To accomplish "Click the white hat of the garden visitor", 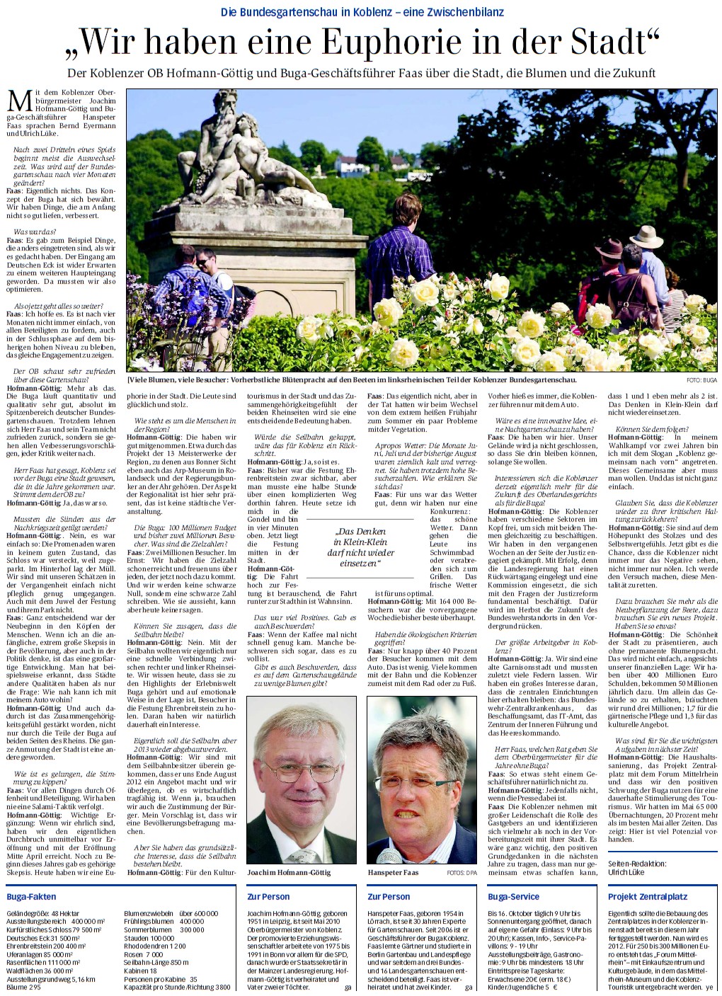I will pyautogui.click(x=646, y=235).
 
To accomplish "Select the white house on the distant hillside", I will pyautogui.click(x=352, y=167).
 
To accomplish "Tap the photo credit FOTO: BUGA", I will pyautogui.click(x=701, y=380).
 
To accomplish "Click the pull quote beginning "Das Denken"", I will pyautogui.click(x=360, y=546).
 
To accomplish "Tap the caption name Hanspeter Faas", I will pyautogui.click(x=393, y=873).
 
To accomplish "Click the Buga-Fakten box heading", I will pyautogui.click(x=31, y=897).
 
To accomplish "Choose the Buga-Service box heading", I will pyautogui.click(x=513, y=897).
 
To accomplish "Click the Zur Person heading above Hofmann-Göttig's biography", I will pyautogui.click(x=268, y=897).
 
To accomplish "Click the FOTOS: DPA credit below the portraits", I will pyautogui.click(x=462, y=874).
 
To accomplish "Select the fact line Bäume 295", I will pyautogui.click(x=21, y=987).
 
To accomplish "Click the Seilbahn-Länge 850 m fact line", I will pyautogui.click(x=156, y=962).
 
